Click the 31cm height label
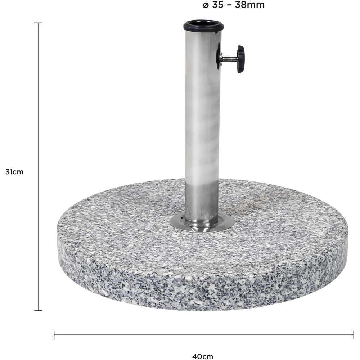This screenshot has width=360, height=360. pyautogui.click(x=14, y=172)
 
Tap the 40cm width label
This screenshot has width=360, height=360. pyautogui.click(x=203, y=356)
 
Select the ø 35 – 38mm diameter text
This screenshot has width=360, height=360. pyautogui.click(x=234, y=5)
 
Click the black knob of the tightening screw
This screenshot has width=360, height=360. pyautogui.click(x=240, y=59)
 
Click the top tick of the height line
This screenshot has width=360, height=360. pyautogui.click(x=38, y=23)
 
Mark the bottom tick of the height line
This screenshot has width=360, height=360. pyautogui.click(x=38, y=310)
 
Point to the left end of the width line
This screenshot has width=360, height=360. pyautogui.click(x=54, y=335)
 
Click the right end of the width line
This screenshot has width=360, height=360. pyautogui.click(x=353, y=335)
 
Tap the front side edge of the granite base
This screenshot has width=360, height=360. pyautogui.click(x=202, y=288)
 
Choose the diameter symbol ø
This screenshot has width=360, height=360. pyautogui.click(x=206, y=5)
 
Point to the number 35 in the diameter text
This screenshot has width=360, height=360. pyautogui.click(x=217, y=5)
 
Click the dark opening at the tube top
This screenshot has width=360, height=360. pyautogui.click(x=203, y=24)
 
